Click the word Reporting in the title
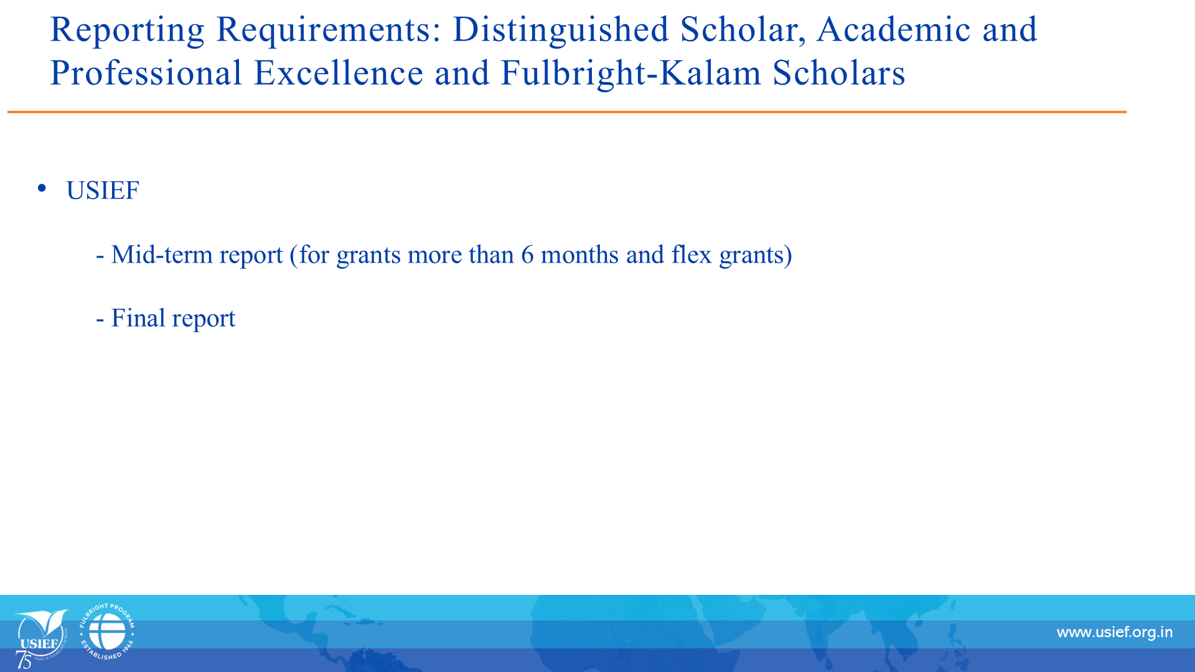tap(127, 30)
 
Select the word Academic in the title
tap(894, 29)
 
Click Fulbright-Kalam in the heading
tap(631, 73)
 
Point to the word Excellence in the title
tap(339, 73)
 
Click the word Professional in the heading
tap(146, 73)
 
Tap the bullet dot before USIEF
tap(42, 188)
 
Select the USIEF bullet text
tap(103, 190)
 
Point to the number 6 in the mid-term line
tap(527, 255)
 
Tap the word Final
tap(138, 318)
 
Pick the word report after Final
tap(204, 320)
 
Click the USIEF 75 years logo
tap(41, 638)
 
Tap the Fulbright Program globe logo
tap(107, 632)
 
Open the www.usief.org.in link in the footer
tap(1115, 633)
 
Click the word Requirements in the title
tap(328, 30)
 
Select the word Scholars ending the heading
tap(839, 73)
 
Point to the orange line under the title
tap(567, 112)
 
